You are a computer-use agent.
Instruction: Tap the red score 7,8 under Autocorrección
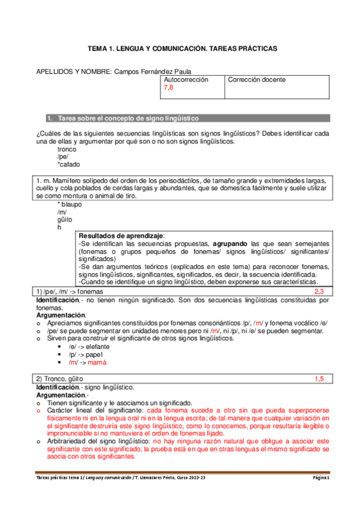pos(169,88)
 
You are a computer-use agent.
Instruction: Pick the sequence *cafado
pos(69,164)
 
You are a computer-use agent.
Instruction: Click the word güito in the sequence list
pos(65,220)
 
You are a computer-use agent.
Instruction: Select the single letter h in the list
pos(59,227)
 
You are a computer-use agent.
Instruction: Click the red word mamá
pos(97,363)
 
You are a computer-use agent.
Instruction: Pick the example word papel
pos(96,355)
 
